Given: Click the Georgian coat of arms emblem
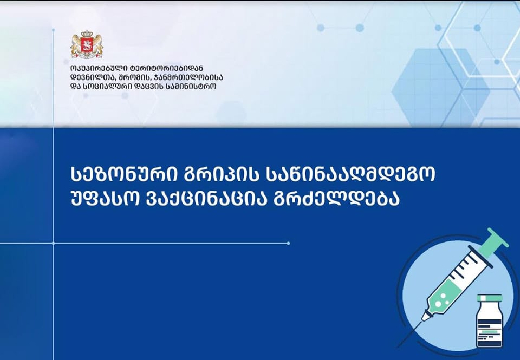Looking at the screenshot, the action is (x=87, y=45).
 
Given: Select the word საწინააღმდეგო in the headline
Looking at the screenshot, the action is (x=350, y=174).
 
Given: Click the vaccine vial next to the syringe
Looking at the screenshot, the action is (x=490, y=321).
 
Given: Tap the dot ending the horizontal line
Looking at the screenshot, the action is (x=288, y=243).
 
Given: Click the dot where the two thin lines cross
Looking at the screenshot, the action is (x=53, y=243).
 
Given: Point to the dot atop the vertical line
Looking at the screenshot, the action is (x=53, y=30).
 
